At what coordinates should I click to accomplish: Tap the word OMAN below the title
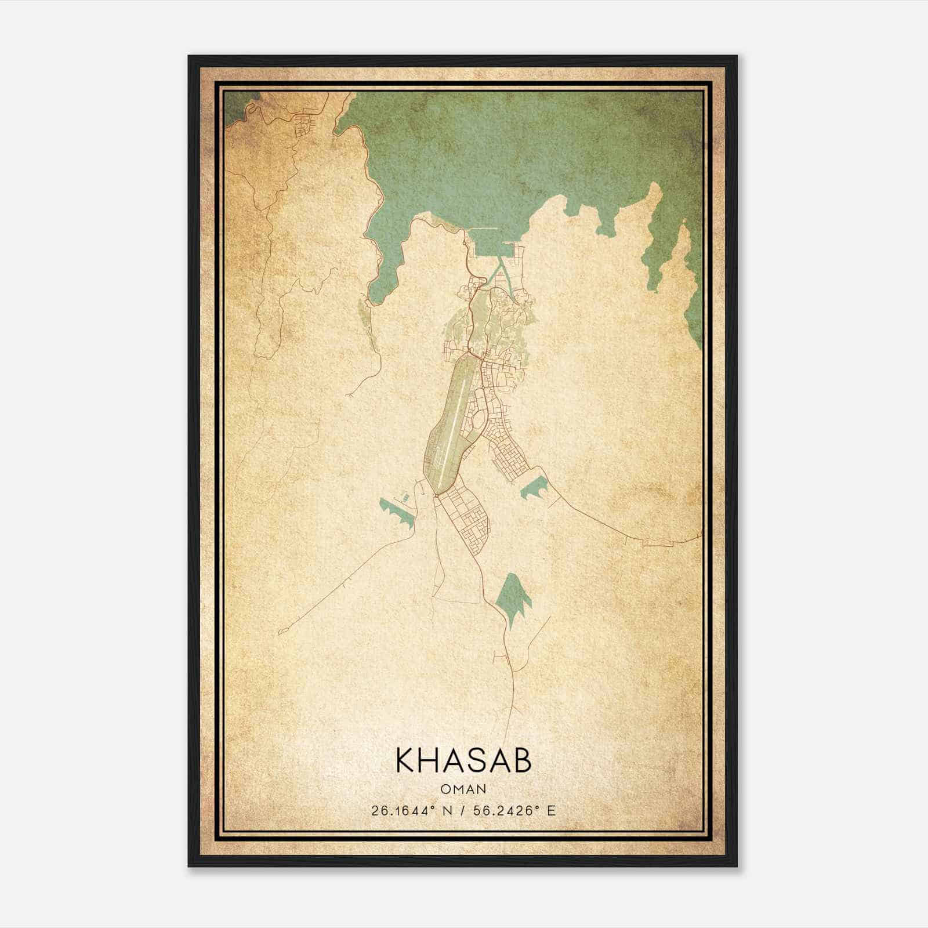point(463,789)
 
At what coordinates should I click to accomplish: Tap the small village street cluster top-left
point(306,125)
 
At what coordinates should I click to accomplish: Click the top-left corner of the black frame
point(190,57)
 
